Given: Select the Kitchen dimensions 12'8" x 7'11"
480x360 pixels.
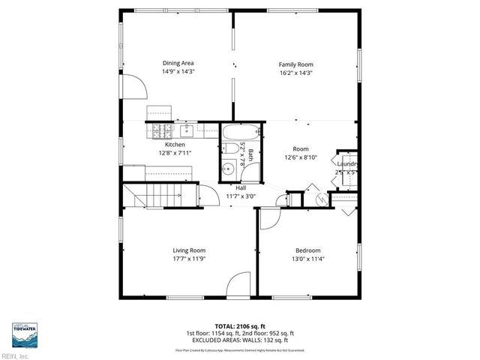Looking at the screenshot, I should (175, 153).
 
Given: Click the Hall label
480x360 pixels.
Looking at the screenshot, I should (241, 187).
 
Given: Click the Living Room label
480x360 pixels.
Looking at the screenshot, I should (189, 250).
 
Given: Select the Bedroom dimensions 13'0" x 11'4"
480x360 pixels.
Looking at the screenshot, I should (307, 259).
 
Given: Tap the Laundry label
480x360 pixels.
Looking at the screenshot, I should (346, 163).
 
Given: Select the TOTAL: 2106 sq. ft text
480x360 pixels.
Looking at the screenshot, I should (239, 326).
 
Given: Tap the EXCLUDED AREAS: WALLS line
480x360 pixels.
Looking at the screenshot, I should (239, 340).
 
